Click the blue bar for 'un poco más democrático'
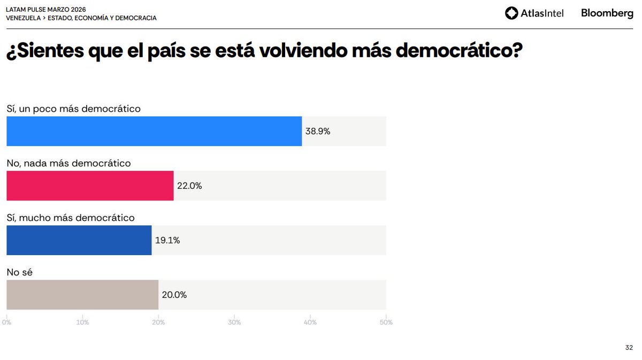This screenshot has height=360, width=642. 154,131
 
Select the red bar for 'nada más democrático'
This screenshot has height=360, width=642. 90,186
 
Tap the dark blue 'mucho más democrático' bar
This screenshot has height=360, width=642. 79,240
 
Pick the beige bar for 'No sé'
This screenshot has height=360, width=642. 82,295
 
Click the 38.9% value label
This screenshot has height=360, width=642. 318,131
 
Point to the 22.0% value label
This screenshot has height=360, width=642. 189,186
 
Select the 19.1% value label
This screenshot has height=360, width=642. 167,240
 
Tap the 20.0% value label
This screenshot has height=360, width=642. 174,295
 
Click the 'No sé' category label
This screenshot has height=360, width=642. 20,272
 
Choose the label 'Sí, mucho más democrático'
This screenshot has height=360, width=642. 70,218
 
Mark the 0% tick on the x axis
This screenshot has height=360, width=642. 6,322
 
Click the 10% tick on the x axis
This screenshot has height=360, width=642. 82,322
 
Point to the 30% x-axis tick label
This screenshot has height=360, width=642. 234,322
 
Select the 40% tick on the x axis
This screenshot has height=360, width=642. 310,322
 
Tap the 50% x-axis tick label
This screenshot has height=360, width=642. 386,322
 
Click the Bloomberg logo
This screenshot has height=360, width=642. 607,13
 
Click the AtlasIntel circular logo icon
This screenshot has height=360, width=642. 511,13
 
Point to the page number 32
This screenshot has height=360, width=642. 629,348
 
